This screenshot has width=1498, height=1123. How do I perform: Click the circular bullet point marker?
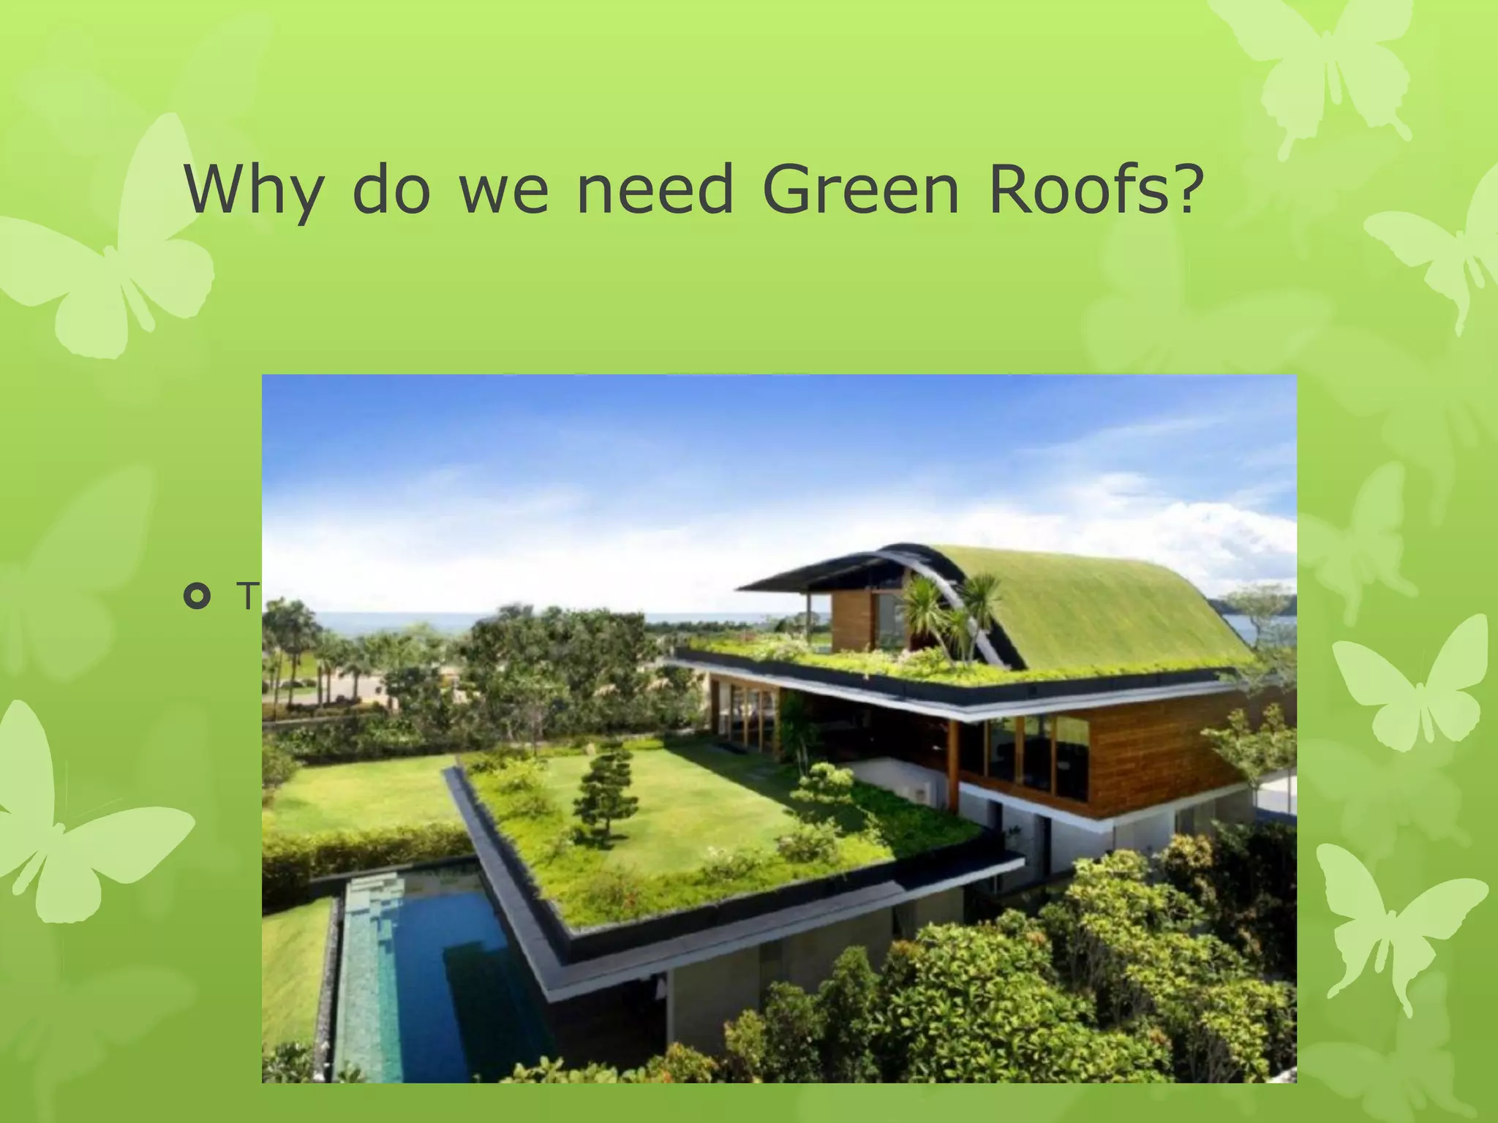pos(197,597)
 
